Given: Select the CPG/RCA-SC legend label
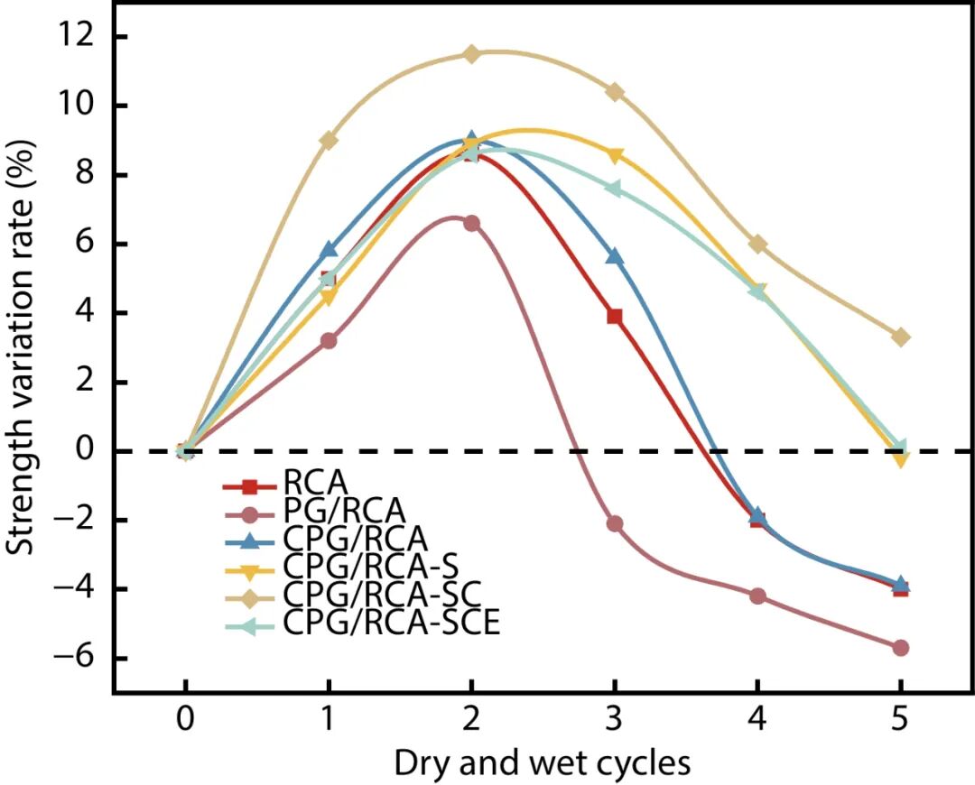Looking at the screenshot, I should (380, 594).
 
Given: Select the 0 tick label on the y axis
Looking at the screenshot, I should (87, 451).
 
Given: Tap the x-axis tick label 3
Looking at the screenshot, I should (615, 726).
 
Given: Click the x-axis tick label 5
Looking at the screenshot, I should (900, 726).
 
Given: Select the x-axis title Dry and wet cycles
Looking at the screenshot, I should (542, 763).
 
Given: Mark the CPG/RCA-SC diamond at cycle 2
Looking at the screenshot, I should (471, 54).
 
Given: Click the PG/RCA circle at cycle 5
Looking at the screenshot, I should (900, 648).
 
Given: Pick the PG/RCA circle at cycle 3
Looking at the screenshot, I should (615, 523).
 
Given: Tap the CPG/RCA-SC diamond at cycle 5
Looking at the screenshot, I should (900, 337).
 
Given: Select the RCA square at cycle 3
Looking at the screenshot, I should (615, 316).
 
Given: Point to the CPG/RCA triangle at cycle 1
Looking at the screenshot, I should (329, 249).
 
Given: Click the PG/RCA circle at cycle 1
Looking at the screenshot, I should (329, 341).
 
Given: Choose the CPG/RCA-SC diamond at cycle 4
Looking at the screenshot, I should (757, 244).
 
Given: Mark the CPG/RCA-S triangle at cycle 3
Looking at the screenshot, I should (615, 155).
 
